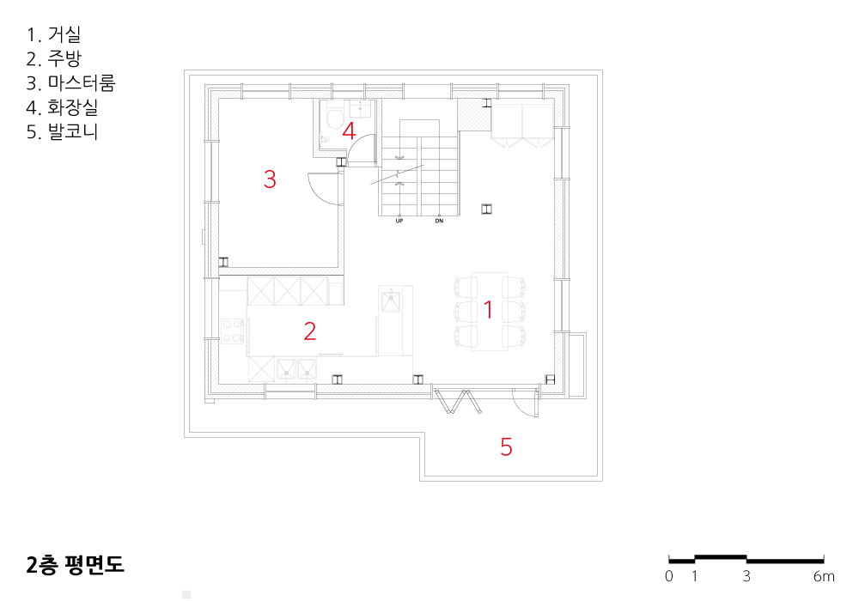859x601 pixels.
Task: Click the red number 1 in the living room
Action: point(488,310)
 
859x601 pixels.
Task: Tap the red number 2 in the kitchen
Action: point(309,331)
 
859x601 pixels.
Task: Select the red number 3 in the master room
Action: point(270,179)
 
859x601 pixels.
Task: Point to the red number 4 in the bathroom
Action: point(349,131)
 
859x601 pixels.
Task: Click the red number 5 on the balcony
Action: point(506,446)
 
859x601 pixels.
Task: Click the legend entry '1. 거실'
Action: point(53,34)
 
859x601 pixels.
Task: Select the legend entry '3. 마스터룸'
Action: point(70,83)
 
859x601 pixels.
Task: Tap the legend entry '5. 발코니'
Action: point(62,132)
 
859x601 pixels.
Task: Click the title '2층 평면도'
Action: point(75,564)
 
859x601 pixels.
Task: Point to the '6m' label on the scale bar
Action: point(824,576)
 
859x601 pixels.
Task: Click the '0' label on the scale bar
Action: point(669,576)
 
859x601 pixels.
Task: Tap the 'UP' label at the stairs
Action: point(399,222)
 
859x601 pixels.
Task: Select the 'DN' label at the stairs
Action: point(439,222)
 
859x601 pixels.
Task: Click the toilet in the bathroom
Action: point(333,117)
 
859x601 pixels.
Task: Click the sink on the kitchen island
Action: point(391,301)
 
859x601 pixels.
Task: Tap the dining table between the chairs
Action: point(490,311)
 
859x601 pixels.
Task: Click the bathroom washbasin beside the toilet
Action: point(360,109)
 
